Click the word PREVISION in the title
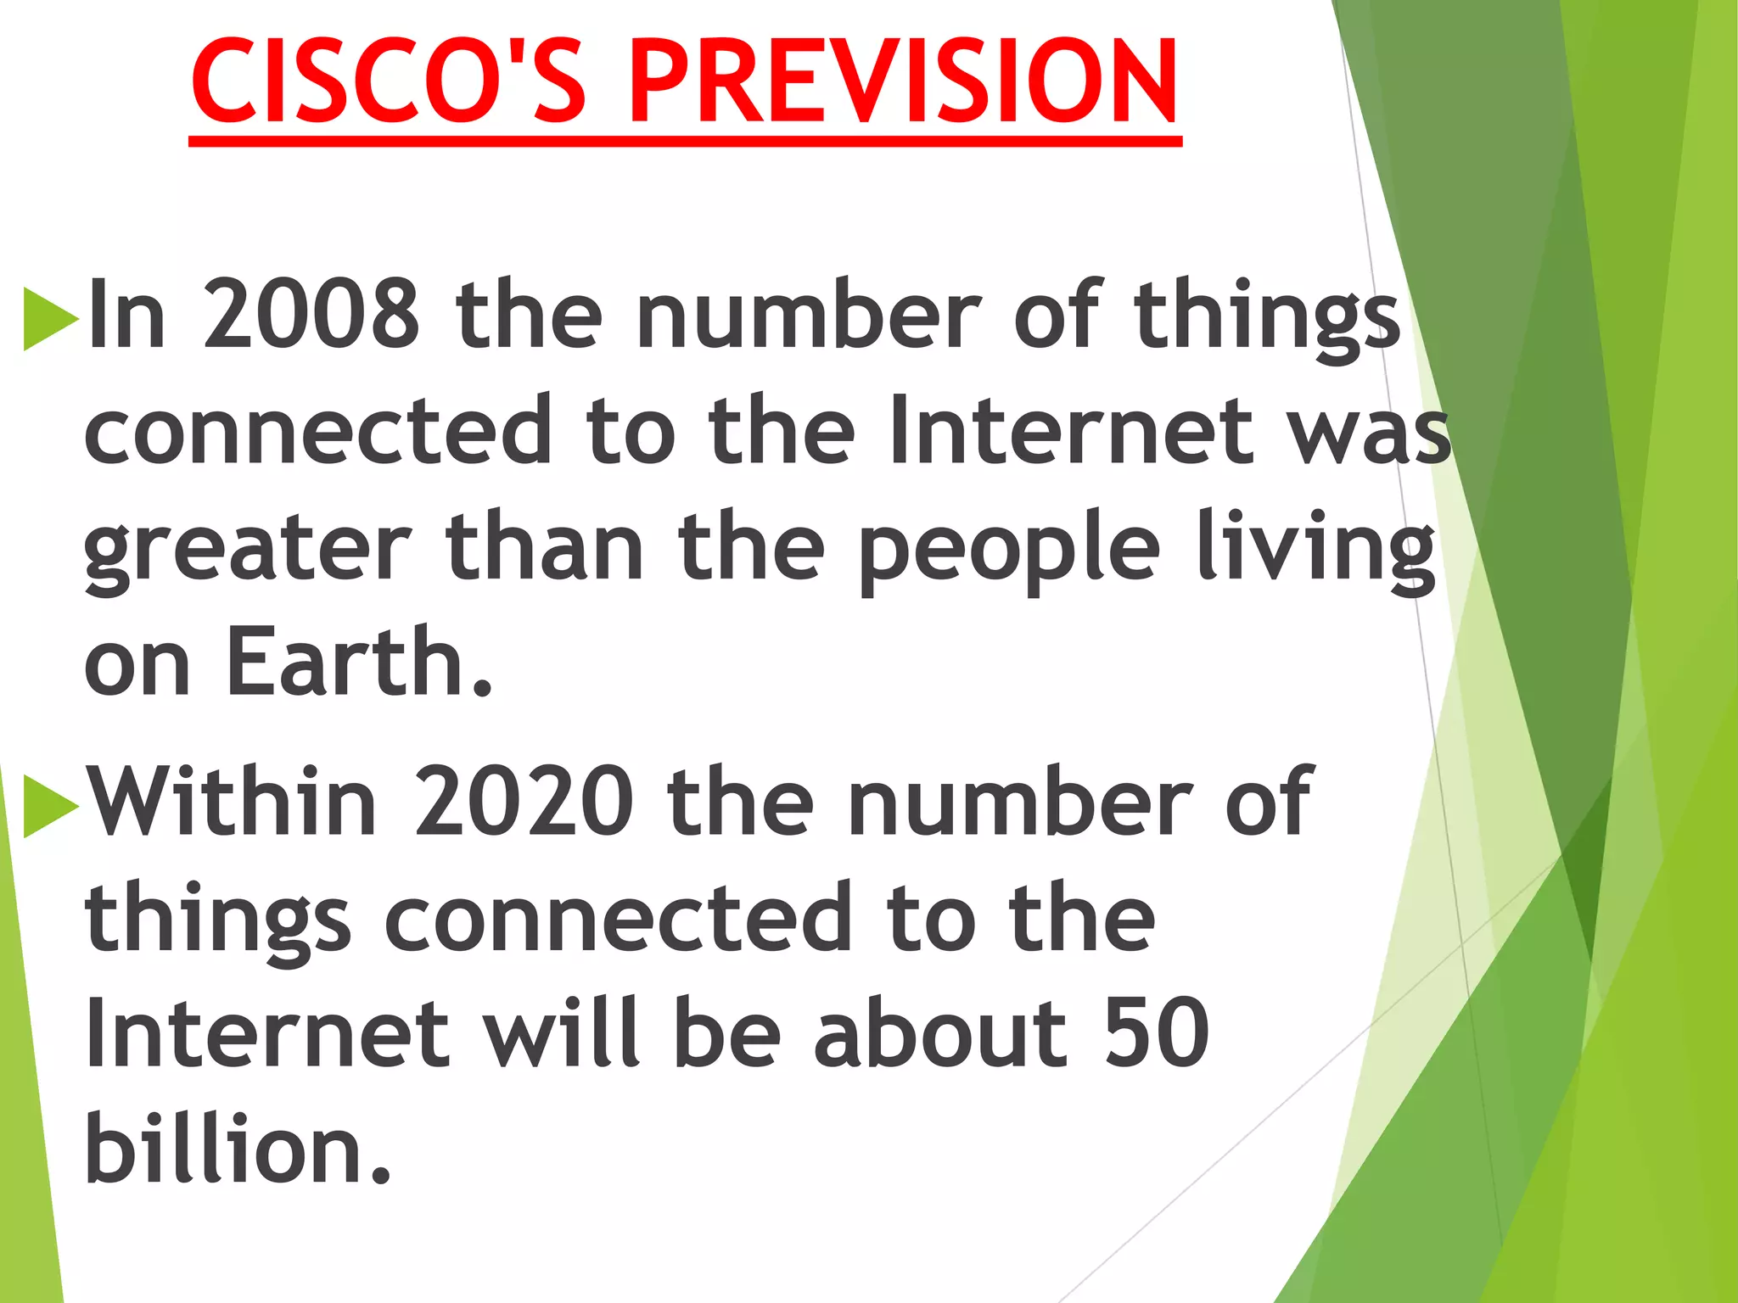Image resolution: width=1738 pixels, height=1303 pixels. [904, 82]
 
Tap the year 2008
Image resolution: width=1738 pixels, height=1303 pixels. [311, 315]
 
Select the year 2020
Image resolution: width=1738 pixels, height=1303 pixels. [524, 802]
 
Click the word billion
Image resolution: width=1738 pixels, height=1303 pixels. [238, 1149]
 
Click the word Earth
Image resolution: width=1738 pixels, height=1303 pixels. [357, 663]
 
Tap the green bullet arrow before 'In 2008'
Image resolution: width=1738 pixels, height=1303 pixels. [49, 319]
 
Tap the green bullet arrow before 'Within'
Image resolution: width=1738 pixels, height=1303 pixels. [49, 806]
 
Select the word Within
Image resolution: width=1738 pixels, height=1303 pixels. [232, 802]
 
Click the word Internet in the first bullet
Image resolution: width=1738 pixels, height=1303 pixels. [1071, 431]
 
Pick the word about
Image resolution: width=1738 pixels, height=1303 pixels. [939, 1033]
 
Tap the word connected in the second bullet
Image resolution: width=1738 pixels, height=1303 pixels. [618, 919]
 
